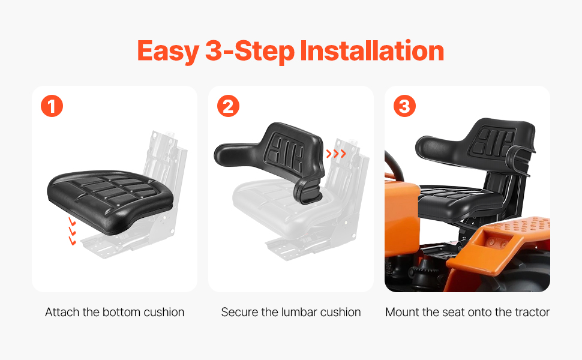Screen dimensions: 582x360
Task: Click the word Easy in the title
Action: click(x=168, y=51)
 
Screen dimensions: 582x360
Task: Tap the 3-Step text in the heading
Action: click(x=250, y=52)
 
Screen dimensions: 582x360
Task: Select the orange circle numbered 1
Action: click(x=52, y=106)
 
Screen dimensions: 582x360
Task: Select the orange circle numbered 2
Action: click(x=228, y=106)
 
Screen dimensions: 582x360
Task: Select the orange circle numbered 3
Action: click(x=404, y=106)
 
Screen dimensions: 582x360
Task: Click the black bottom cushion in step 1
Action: click(x=110, y=200)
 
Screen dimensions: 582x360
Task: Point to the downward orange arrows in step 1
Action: click(x=72, y=232)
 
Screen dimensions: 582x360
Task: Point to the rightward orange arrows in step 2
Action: click(x=336, y=153)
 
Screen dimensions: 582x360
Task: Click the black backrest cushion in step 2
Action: click(x=275, y=156)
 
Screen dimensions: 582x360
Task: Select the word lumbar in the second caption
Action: click(x=299, y=312)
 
